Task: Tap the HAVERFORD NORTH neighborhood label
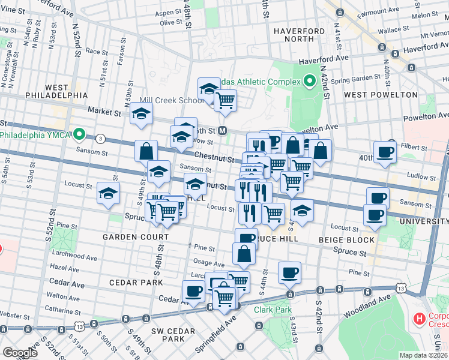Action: click(x=294, y=35)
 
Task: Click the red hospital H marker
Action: click(x=420, y=317)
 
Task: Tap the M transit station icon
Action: click(x=222, y=130)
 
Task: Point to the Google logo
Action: click(x=20, y=353)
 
